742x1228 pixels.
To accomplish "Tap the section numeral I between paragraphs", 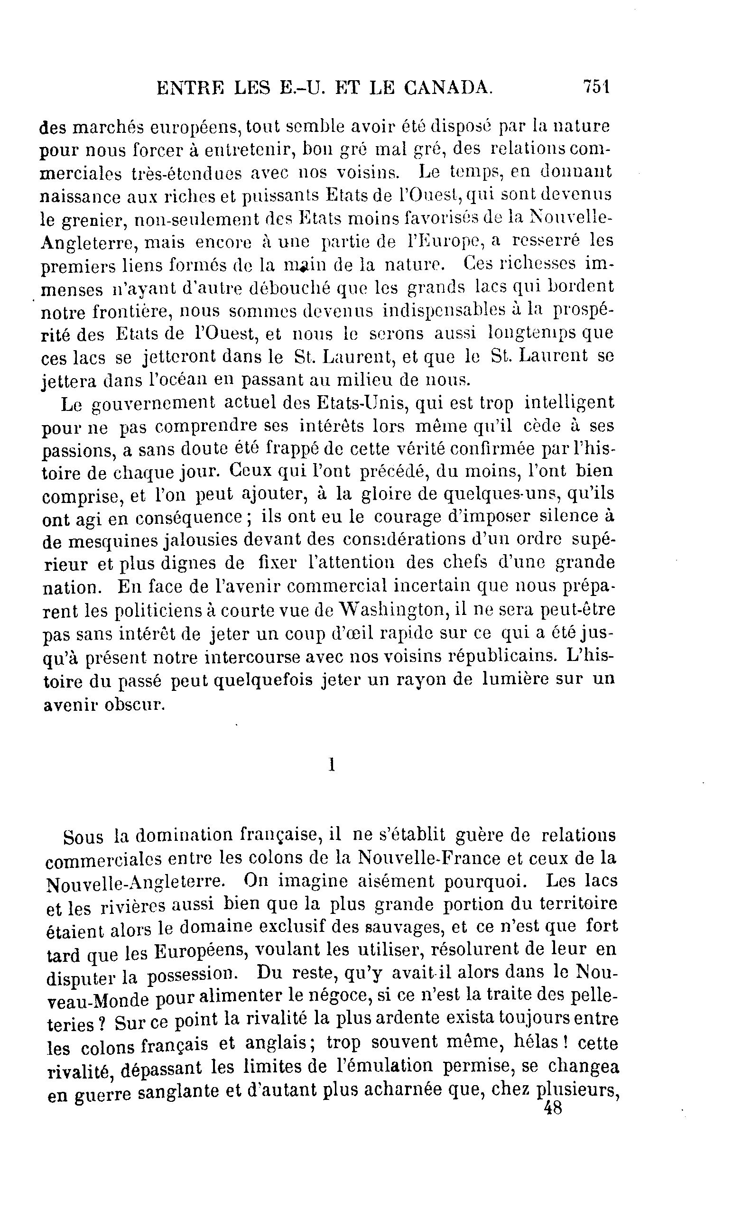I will [331, 764].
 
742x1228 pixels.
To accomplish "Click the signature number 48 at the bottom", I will [553, 1109].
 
